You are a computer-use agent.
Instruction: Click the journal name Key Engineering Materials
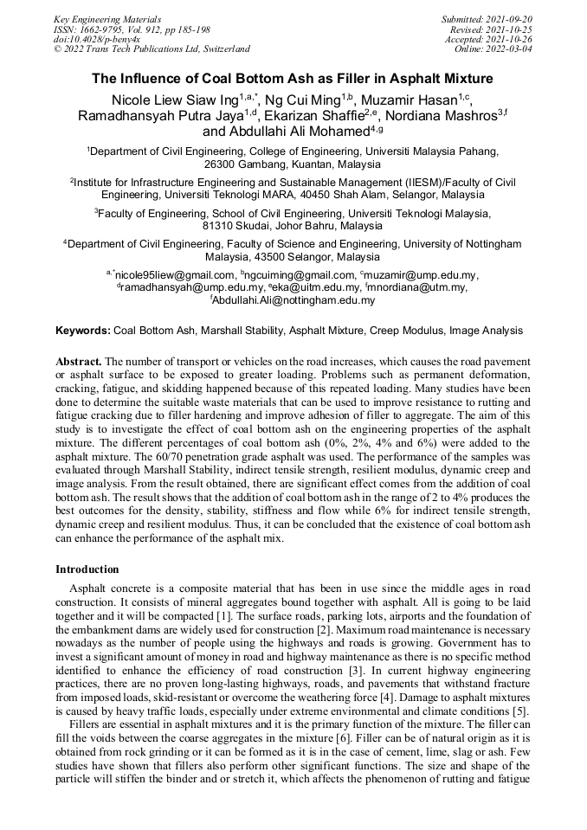click(107, 18)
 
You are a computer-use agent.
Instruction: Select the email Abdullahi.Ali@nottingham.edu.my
click(294, 300)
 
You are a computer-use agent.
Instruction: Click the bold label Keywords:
click(83, 331)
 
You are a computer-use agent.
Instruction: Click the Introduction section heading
click(87, 569)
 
